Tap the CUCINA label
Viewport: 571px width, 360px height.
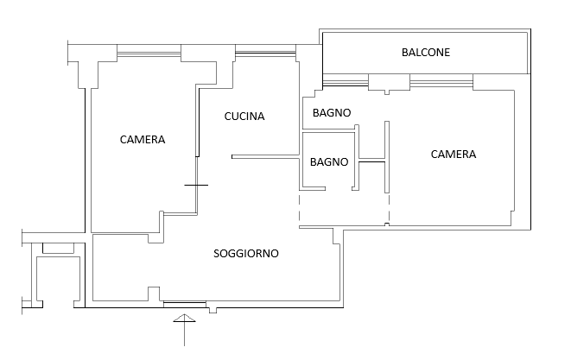244,117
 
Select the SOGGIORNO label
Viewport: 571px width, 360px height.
246,254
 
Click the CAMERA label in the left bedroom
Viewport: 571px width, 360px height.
143,140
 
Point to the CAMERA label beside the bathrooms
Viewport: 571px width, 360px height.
454,155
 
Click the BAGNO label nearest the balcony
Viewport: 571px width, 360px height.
332,113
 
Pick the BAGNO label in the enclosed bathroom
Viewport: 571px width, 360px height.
328,161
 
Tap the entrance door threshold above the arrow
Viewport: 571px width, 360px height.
184,303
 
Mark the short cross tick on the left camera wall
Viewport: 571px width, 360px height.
196,185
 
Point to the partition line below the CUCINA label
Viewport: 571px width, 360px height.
264,156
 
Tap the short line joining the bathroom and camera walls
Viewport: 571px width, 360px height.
371,160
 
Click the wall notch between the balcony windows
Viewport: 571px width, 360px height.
389,83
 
